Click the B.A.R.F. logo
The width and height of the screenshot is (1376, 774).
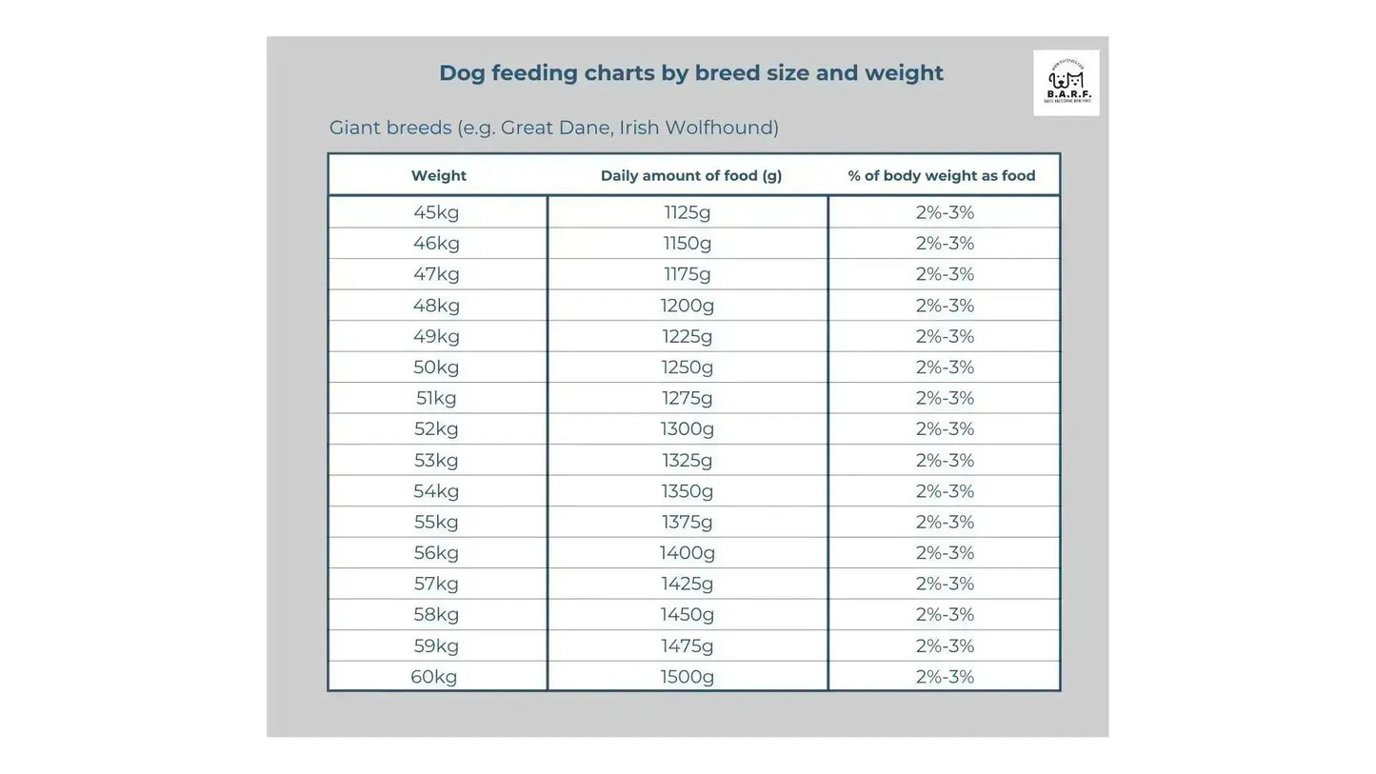(1066, 83)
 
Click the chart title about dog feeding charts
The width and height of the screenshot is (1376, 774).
(690, 73)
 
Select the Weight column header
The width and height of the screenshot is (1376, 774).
(438, 175)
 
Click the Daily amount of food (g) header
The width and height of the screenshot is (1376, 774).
(690, 175)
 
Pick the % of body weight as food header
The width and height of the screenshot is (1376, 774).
(941, 175)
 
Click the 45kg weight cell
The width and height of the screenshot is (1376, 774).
(436, 212)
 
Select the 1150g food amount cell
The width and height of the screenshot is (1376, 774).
(688, 243)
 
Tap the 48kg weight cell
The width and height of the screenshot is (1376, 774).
(436, 306)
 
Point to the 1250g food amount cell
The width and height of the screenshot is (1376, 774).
(688, 367)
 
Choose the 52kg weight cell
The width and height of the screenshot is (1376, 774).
(436, 429)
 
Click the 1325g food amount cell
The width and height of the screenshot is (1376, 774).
(688, 461)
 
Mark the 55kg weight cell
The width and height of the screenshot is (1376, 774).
(436, 522)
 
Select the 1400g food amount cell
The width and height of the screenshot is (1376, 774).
(688, 553)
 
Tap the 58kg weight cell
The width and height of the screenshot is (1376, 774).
(436, 615)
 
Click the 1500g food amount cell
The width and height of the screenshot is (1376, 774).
(688, 677)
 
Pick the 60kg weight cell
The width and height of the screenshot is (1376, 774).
(434, 677)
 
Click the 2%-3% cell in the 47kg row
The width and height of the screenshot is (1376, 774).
(945, 274)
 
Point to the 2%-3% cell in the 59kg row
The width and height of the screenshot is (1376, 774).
(945, 646)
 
